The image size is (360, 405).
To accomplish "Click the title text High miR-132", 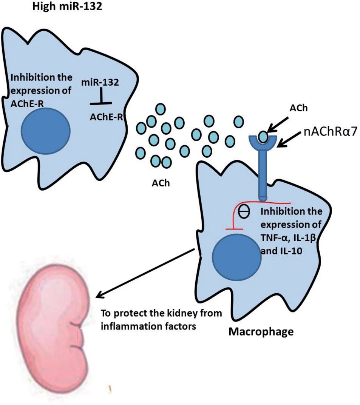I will point(67,7).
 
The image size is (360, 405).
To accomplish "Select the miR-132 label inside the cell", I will point(100,82).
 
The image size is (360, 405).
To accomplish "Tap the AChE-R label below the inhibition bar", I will point(106,117).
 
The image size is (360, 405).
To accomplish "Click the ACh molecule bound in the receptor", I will point(263,136).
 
